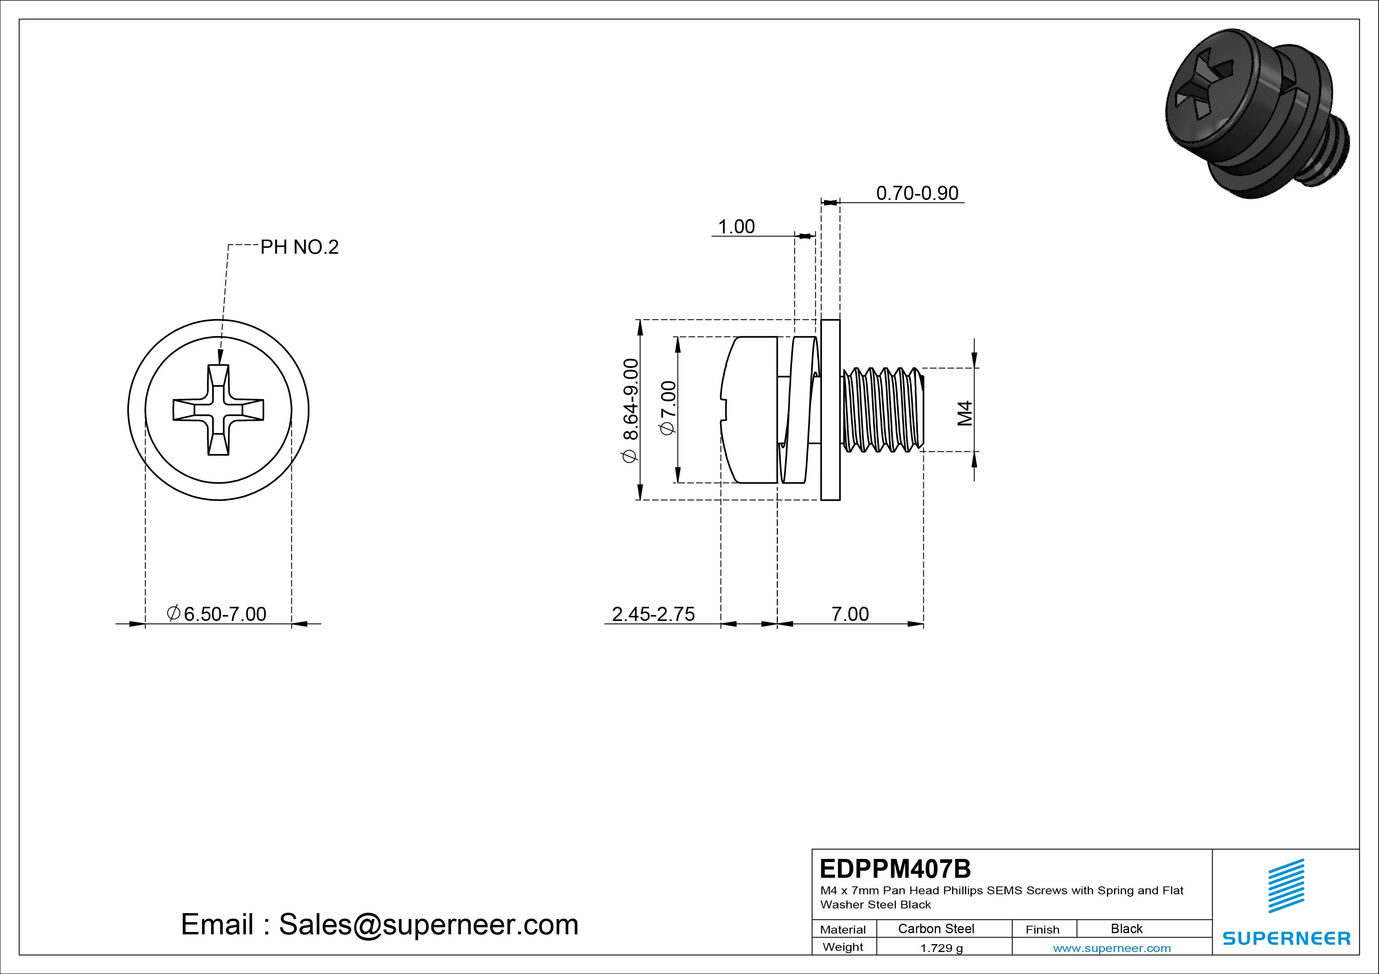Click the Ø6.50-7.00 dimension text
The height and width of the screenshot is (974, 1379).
(x=217, y=614)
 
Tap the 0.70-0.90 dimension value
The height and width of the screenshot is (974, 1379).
(x=917, y=193)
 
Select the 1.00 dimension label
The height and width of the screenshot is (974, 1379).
(x=736, y=227)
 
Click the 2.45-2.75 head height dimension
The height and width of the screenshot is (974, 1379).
(x=653, y=614)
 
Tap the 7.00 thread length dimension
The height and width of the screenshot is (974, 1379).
(x=850, y=614)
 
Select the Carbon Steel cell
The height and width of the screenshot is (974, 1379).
(x=936, y=928)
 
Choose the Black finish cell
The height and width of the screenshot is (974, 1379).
(x=1126, y=928)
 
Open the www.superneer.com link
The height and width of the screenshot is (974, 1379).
(x=1112, y=948)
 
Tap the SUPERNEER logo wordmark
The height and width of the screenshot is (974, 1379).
(x=1287, y=938)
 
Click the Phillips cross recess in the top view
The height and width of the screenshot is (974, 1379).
(x=218, y=410)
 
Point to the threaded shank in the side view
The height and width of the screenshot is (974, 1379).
(x=882, y=410)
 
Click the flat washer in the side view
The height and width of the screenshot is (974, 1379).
(x=830, y=410)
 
